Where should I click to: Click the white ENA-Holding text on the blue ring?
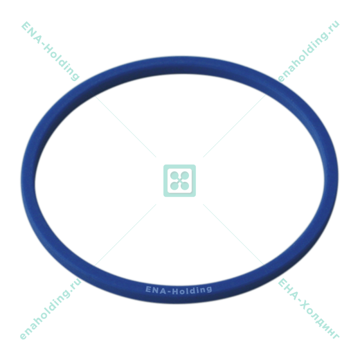coord(179,290)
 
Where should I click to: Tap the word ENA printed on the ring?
coord(156,290)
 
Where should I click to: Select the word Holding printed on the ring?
coord(192,290)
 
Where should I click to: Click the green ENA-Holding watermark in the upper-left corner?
coord(50,51)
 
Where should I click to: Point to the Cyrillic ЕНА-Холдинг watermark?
coord(308,308)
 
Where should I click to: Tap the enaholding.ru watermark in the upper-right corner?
coord(309,51)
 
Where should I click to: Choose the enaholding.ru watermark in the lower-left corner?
coord(50,309)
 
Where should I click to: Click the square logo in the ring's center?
coord(180,181)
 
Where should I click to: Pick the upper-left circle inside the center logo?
coord(175,175)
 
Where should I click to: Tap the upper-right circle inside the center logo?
coord(185,175)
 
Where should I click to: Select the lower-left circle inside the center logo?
coord(175,186)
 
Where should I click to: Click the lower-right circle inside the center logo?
coord(185,186)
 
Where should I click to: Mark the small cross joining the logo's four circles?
coord(180,181)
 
